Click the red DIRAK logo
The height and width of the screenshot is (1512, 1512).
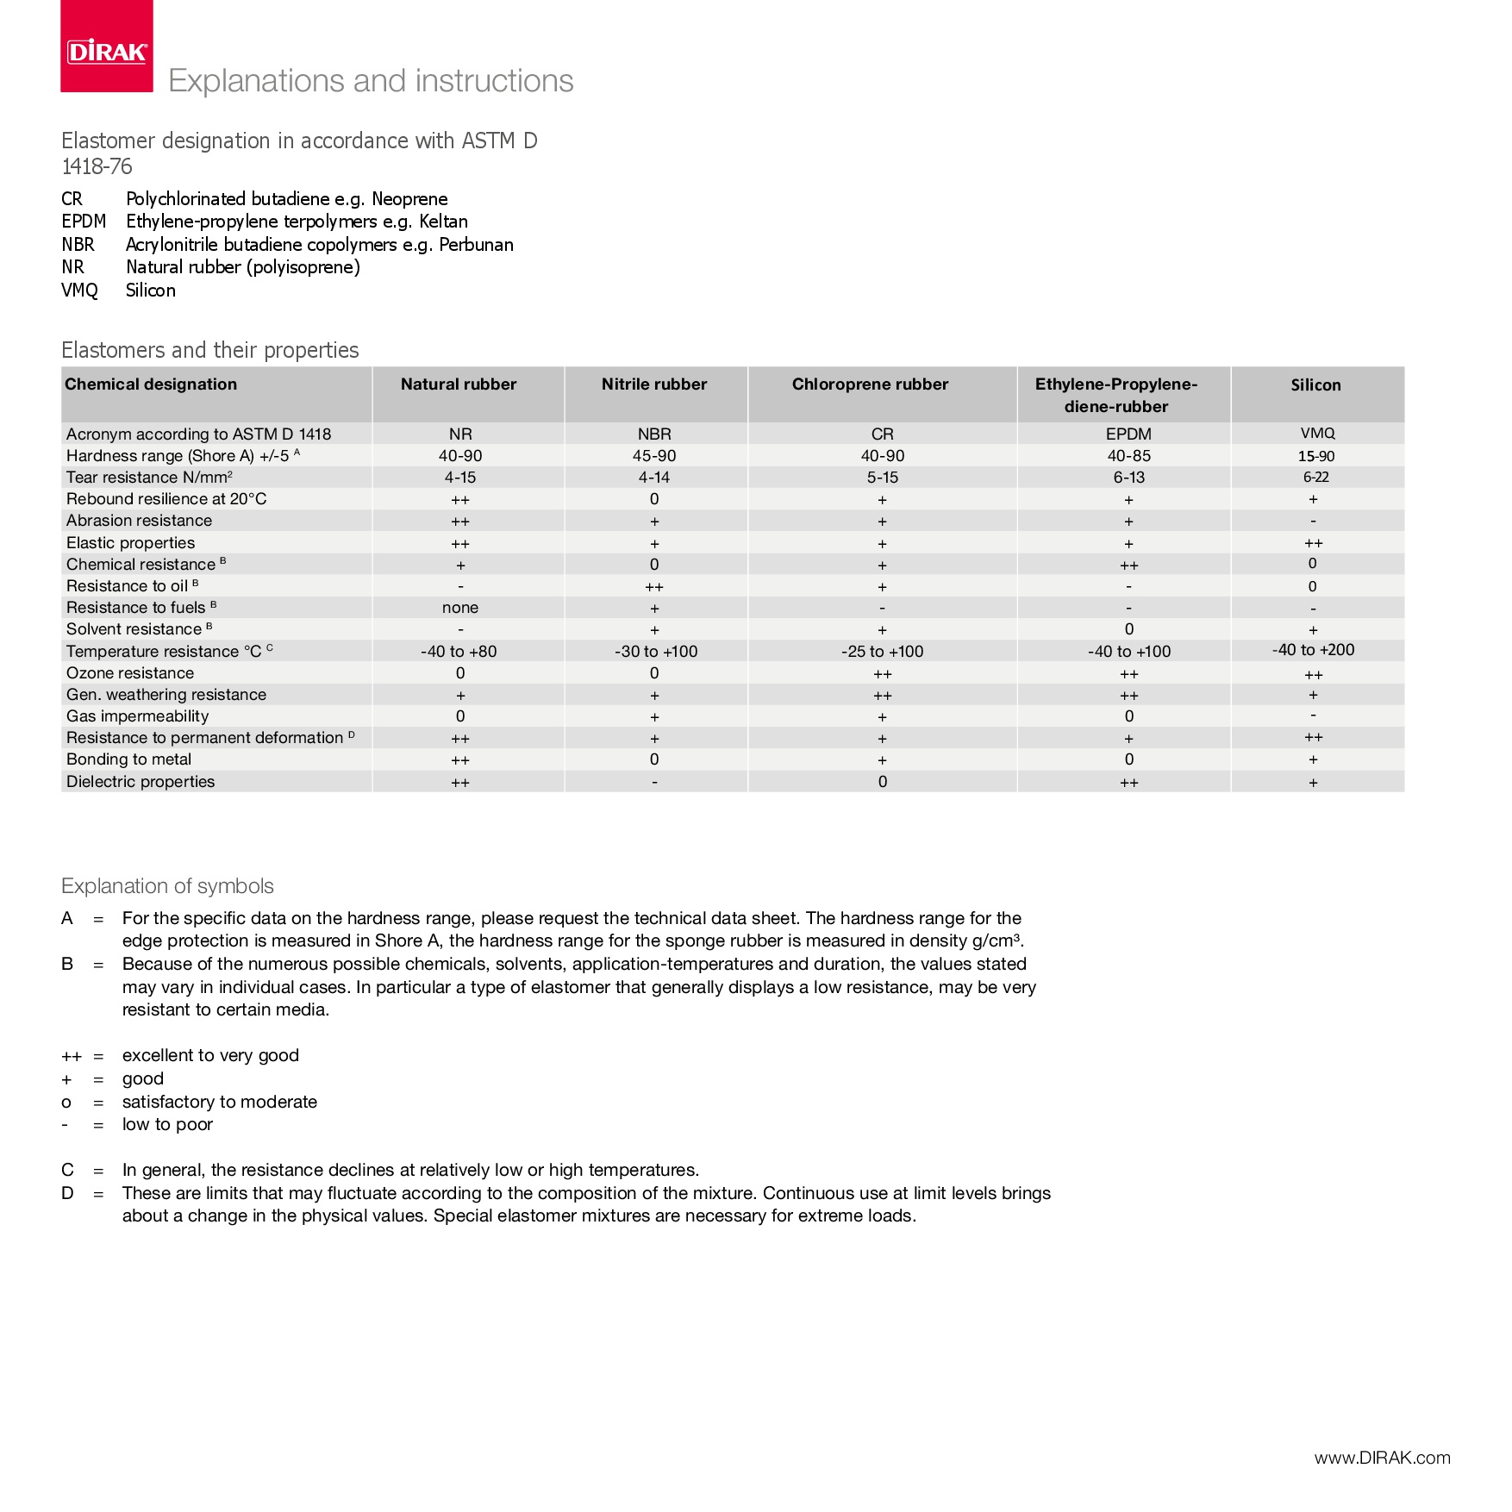click(x=107, y=47)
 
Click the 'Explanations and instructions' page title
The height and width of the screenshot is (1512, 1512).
click(x=371, y=81)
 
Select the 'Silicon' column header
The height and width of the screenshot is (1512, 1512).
click(x=1315, y=385)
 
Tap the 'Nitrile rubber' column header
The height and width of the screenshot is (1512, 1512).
click(x=654, y=384)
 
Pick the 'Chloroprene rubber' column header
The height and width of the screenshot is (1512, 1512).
click(x=870, y=384)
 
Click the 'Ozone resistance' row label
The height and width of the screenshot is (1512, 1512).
click(x=130, y=673)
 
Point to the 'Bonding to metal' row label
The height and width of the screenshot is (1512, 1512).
click(x=129, y=759)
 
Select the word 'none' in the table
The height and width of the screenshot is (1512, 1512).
click(x=460, y=608)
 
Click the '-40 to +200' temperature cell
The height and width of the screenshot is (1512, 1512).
click(x=1313, y=650)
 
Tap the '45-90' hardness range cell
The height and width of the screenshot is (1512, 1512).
click(x=654, y=456)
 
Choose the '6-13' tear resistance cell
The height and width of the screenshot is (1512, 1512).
click(x=1128, y=478)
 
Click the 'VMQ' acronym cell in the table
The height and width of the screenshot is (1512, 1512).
click(x=1317, y=434)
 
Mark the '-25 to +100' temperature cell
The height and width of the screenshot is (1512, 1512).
click(x=882, y=652)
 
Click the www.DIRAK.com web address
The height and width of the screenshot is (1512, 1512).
click(x=1382, y=1458)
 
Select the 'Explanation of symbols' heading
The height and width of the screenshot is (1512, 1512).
click(x=167, y=886)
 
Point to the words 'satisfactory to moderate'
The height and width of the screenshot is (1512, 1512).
click(x=220, y=1102)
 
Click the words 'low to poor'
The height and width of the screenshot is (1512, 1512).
click(x=167, y=1124)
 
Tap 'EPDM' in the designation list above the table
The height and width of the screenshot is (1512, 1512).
click(x=84, y=222)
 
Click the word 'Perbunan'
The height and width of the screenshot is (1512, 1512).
click(x=476, y=245)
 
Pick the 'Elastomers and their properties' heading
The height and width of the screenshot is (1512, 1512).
click(x=210, y=350)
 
